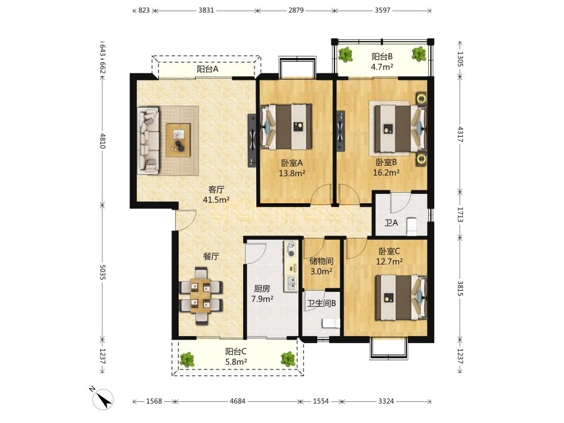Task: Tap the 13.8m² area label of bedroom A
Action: click(292, 173)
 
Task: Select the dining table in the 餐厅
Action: click(201, 296)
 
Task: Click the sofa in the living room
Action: click(148, 140)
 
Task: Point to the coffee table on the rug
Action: click(178, 140)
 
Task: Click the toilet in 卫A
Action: click(411, 226)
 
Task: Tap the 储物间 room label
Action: click(321, 261)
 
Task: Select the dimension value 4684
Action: click(237, 401)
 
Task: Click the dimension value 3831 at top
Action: click(206, 10)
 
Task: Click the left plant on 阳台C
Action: click(187, 360)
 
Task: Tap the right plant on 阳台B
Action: click(419, 54)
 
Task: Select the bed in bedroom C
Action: click(400, 297)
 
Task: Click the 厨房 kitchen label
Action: click(262, 288)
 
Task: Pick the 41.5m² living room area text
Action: click(216, 200)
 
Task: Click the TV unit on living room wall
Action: click(252, 140)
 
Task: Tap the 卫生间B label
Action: click(321, 303)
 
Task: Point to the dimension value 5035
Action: click(102, 272)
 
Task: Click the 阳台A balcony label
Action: click(207, 69)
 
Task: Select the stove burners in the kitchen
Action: click(291, 249)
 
